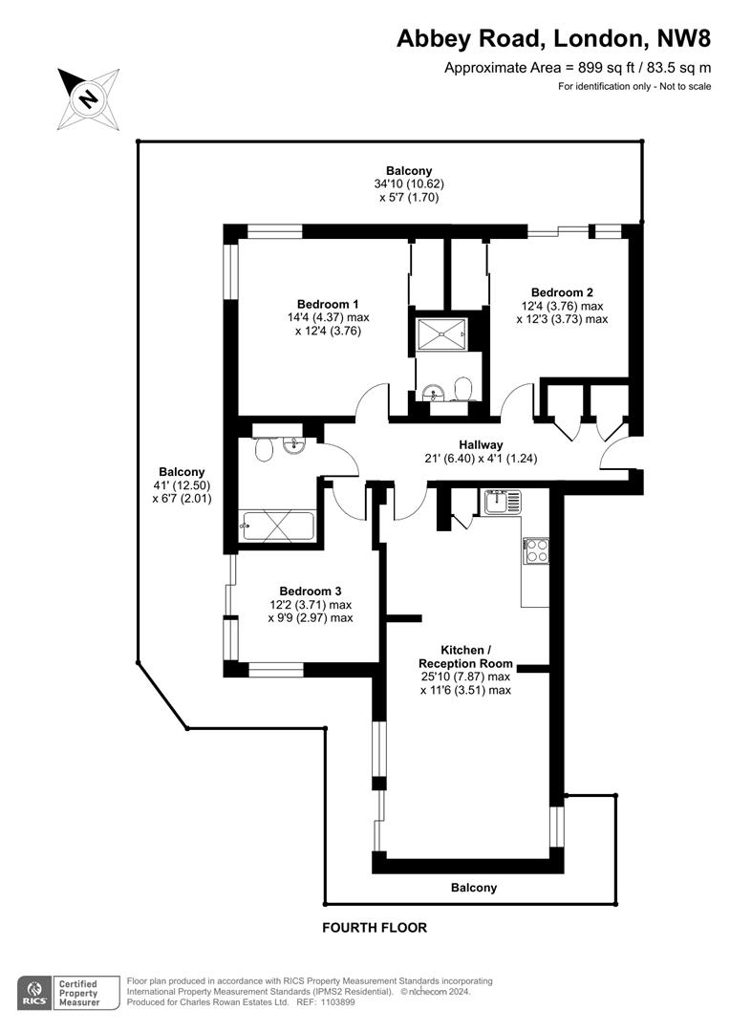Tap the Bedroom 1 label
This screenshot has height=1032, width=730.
pyautogui.click(x=328, y=304)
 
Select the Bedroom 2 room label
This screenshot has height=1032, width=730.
pyautogui.click(x=562, y=292)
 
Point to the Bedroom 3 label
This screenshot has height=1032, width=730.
pyautogui.click(x=310, y=591)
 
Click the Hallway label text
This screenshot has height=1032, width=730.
pyautogui.click(x=482, y=445)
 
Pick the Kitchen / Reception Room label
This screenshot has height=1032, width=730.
pyautogui.click(x=465, y=656)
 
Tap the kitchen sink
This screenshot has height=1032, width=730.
pyautogui.click(x=503, y=503)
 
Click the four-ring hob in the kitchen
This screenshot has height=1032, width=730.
pyautogui.click(x=536, y=551)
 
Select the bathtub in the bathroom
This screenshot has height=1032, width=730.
pyautogui.click(x=276, y=526)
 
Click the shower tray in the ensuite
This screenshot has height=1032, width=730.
pyautogui.click(x=441, y=334)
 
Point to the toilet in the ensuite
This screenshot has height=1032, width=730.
pyautogui.click(x=462, y=390)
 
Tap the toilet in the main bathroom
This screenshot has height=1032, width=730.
pyautogui.click(x=265, y=450)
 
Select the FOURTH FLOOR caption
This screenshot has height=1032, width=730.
pyautogui.click(x=375, y=927)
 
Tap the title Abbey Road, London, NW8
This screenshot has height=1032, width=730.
pyautogui.click(x=553, y=39)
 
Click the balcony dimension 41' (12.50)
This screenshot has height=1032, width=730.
pyautogui.click(x=181, y=485)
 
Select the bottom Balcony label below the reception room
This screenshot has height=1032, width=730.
pyautogui.click(x=474, y=887)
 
